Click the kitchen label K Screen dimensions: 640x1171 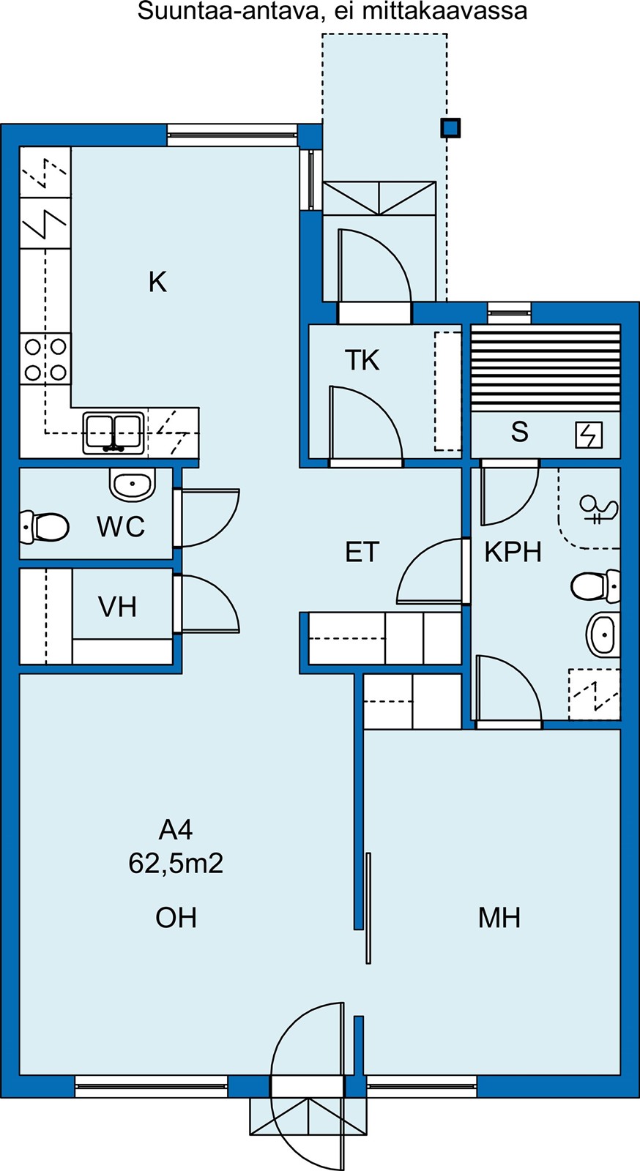pos(158,283)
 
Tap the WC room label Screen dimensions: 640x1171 pos(121,526)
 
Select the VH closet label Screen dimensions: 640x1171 pos(118,607)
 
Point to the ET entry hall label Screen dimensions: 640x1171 pos(362,552)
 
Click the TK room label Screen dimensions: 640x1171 pos(362,360)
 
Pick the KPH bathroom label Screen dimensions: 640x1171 pos(513,552)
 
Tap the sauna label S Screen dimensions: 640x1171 pos(520,432)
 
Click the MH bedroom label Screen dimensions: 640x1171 pos(499,918)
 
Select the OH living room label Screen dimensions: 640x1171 pos(176,918)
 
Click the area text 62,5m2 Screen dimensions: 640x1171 pos(176,863)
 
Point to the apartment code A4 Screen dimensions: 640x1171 pos(176,830)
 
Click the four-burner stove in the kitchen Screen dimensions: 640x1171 pos(45,359)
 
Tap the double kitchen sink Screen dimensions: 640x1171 pos(114,433)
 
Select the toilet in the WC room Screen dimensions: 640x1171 pos(45,526)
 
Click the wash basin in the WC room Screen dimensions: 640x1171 pos(133,484)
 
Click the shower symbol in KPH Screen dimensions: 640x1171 pos(599,509)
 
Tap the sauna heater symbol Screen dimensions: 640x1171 pos(589,435)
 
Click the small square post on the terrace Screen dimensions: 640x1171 pos(450,128)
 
